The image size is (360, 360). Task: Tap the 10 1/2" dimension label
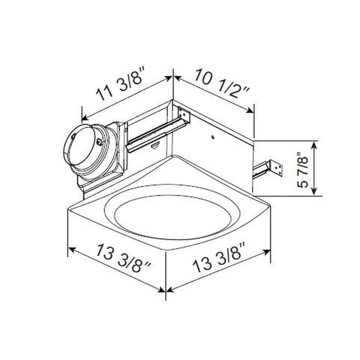coord(221,83)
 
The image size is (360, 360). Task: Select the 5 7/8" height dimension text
coord(303,170)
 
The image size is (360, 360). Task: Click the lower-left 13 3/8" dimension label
coord(123,258)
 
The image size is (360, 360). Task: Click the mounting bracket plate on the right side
coord(277,169)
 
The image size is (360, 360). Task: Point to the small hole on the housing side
coord(213,137)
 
